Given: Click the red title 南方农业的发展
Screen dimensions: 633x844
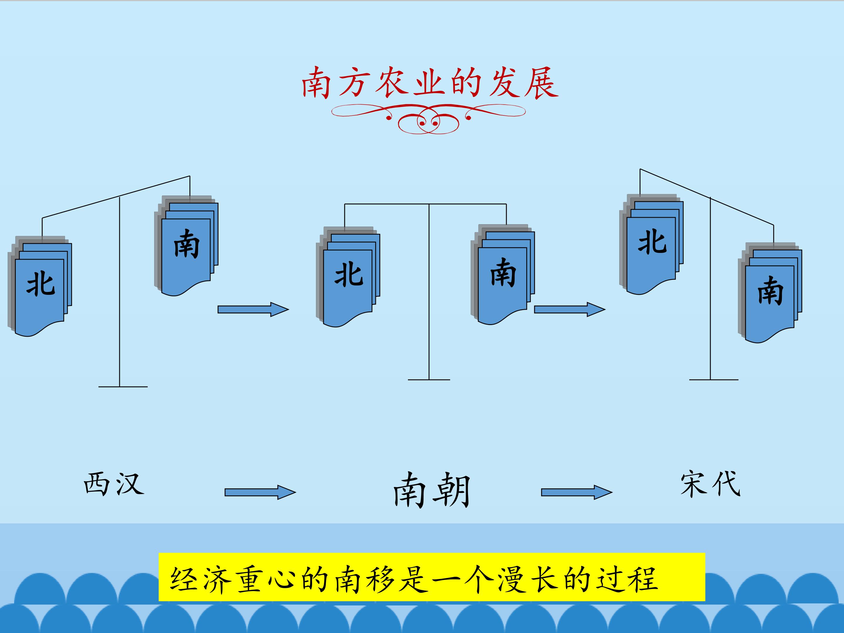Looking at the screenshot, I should coord(430,83).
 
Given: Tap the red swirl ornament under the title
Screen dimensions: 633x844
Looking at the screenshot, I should coord(428,119).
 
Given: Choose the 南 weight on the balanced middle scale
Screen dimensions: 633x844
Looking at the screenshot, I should coord(503,275).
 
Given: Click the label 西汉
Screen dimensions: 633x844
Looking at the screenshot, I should coord(114,484).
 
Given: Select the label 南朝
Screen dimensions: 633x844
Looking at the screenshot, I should coord(432,490).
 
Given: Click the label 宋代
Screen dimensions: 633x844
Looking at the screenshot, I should coord(710,484).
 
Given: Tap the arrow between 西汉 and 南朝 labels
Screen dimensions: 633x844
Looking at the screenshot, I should coord(260,492).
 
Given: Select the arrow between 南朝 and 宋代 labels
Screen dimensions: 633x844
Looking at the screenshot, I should coord(576,492).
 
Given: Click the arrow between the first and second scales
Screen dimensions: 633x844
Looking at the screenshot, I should coord(253,309).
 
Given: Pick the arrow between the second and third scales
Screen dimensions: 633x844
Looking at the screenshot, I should coord(569,309).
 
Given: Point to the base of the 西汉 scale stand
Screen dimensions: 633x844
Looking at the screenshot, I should coord(122,387).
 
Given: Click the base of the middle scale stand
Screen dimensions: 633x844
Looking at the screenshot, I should coord(429,380).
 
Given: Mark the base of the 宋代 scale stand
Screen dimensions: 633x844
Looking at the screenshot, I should coord(714,380).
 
